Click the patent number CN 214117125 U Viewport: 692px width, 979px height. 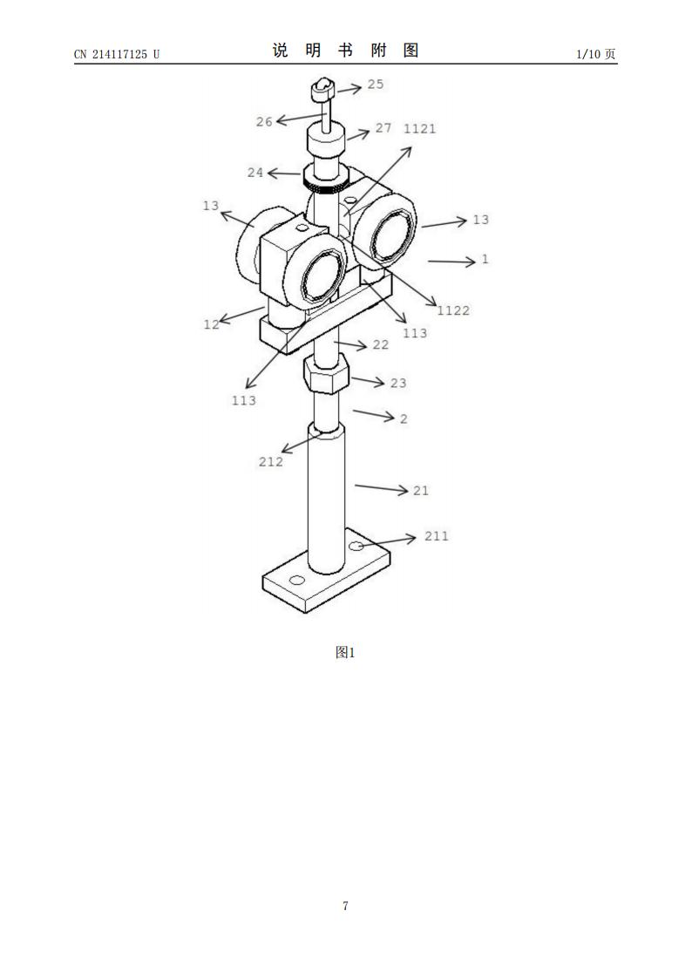pos(117,54)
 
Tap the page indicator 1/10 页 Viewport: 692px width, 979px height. pos(596,54)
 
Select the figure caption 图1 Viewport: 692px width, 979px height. pos(345,652)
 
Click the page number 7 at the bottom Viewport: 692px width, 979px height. pos(345,906)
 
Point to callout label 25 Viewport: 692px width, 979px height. pos(375,85)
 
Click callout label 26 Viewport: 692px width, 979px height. pos(265,122)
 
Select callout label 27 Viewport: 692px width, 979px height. pos(383,128)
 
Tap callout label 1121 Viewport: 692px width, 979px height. pos(420,129)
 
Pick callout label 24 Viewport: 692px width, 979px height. pos(255,173)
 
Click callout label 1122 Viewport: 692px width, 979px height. pos(453,310)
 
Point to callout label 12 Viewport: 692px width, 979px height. pos(212,324)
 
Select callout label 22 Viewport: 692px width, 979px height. pos(381,345)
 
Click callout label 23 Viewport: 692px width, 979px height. pos(398,383)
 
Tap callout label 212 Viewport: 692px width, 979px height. pos(271,462)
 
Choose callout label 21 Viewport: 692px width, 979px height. pos(421,491)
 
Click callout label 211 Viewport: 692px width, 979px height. pos(437,536)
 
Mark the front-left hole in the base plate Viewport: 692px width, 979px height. pos(297,580)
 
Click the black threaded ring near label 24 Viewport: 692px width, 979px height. pos(323,185)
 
